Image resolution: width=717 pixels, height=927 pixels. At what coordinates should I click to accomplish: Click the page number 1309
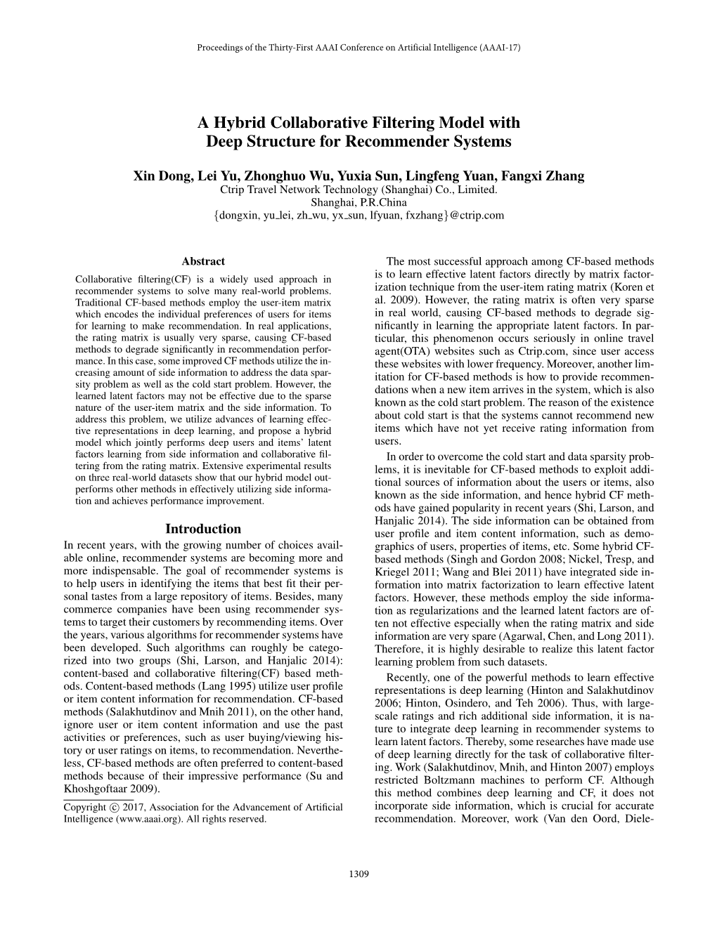[x=358, y=874]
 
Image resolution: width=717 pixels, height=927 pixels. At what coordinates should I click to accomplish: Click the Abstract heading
[x=203, y=261]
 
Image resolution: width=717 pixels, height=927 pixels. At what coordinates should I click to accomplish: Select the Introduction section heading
[x=203, y=529]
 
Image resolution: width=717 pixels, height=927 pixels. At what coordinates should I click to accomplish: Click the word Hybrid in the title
[x=243, y=122]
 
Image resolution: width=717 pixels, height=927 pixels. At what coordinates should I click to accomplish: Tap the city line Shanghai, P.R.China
[x=358, y=202]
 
